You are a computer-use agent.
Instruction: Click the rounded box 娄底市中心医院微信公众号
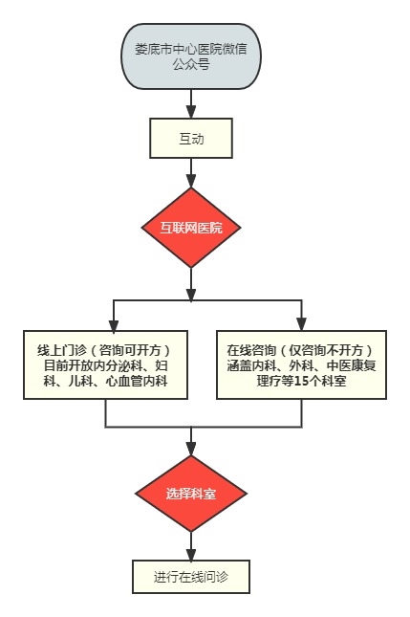[190, 56]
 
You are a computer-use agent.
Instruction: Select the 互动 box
[190, 138]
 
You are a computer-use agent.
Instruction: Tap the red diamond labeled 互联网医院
[190, 228]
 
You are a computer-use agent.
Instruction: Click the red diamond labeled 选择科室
[190, 494]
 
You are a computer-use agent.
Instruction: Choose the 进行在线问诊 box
[190, 577]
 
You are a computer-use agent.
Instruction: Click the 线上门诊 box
[105, 364]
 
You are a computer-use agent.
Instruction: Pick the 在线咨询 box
[301, 364]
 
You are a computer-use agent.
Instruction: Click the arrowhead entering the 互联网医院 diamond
[190, 181]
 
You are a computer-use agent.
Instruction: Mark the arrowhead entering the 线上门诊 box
[114, 324]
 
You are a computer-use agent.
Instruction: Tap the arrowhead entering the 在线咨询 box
[301, 324]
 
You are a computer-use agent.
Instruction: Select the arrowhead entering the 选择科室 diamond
[190, 449]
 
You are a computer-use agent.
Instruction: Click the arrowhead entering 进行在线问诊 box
[190, 554]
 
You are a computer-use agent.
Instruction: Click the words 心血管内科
[137, 381]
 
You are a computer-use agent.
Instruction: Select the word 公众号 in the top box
[191, 64]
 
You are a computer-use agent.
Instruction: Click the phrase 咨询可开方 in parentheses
[130, 350]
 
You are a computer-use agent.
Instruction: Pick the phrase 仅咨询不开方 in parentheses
[326, 350]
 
